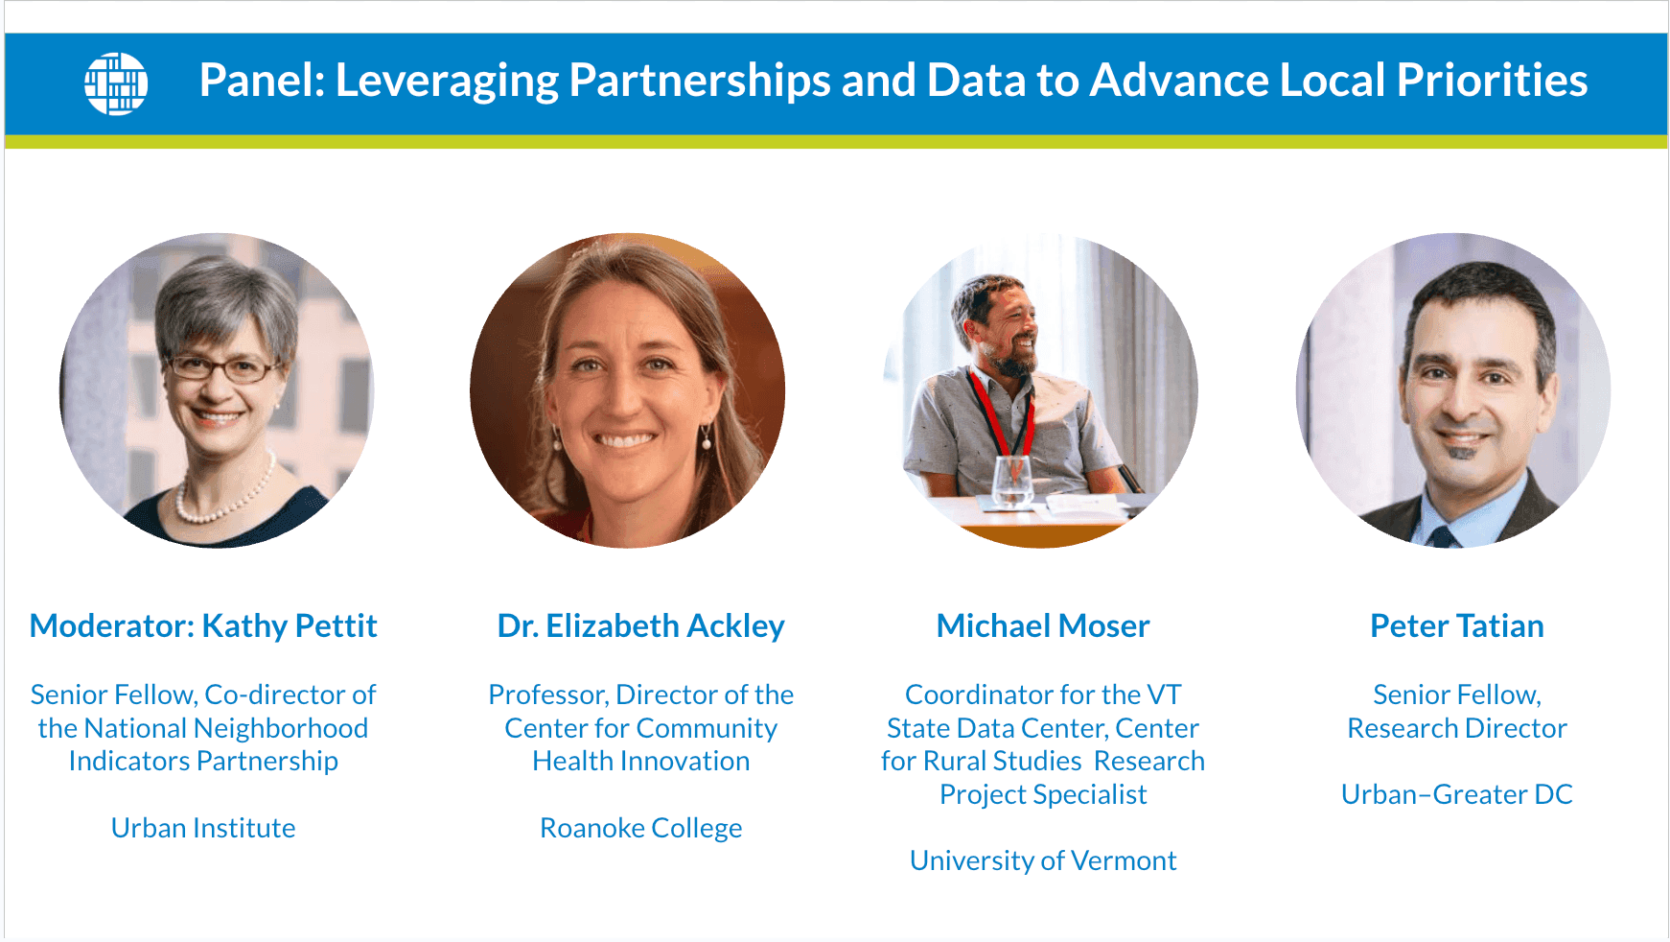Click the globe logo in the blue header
[116, 83]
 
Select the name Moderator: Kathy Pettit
[203, 625]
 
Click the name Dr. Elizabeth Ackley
[640, 625]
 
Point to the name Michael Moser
[1043, 625]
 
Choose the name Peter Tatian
[1457, 625]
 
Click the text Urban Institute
[203, 828]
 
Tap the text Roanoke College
[640, 828]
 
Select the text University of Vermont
[1043, 860]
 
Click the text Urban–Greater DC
[1457, 794]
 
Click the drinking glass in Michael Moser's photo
[1011, 482]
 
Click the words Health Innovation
[641, 761]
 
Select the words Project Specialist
[1043, 794]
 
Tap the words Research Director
[1457, 728]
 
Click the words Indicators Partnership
[203, 761]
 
